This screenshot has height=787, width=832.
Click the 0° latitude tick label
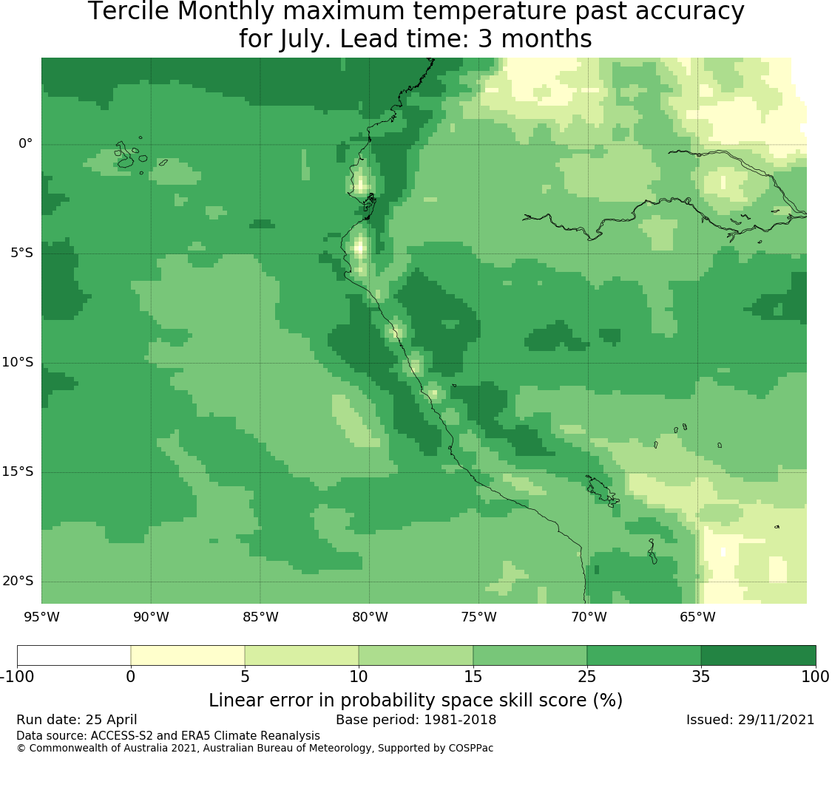(x=25, y=143)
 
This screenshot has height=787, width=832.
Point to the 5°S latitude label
(x=21, y=253)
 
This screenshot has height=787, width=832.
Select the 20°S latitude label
(x=18, y=581)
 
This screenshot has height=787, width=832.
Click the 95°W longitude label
(x=42, y=617)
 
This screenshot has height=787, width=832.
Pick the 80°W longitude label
(x=370, y=617)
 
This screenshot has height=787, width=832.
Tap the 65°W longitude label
(x=697, y=617)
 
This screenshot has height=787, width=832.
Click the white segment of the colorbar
(x=74, y=655)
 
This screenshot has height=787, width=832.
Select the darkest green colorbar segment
(x=758, y=655)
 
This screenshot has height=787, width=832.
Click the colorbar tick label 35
(x=701, y=677)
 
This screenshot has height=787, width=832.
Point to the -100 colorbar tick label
(x=18, y=677)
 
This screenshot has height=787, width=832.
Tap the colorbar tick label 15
(x=473, y=677)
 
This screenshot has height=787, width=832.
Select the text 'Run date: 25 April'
(x=76, y=720)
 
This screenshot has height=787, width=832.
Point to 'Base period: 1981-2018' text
(x=416, y=720)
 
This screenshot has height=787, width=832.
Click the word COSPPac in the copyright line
(x=470, y=749)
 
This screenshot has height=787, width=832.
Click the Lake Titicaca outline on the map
(x=602, y=491)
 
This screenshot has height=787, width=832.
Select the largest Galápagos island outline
(x=125, y=155)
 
